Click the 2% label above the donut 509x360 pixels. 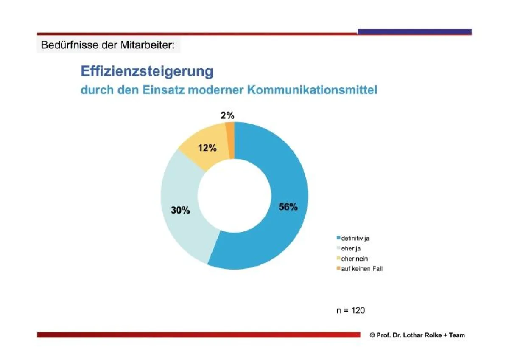[x=227, y=115]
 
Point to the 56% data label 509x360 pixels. [x=288, y=207]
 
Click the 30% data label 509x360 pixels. [x=180, y=210]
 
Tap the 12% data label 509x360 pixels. [x=207, y=148]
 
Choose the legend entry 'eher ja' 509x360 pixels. [x=351, y=249]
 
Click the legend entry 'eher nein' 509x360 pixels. [x=354, y=259]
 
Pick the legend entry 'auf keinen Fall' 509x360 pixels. [x=361, y=269]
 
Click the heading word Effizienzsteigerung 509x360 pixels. [x=147, y=71]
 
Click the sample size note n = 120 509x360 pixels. [x=350, y=310]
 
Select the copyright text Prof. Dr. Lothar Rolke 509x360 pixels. [x=408, y=335]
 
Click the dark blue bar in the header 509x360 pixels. [x=414, y=31]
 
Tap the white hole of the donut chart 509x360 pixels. [x=234, y=195]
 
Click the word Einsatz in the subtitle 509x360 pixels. [x=164, y=90]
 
